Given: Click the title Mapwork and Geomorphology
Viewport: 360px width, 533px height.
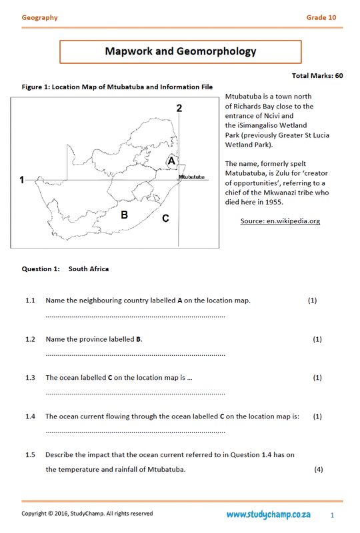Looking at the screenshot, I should coord(180,51).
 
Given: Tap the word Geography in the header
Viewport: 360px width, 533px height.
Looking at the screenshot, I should coord(39,18).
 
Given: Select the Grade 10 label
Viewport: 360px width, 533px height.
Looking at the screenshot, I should coord(321,18).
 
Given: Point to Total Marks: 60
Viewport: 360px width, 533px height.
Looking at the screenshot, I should coord(317,76).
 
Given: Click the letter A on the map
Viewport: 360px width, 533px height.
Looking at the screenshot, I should coord(171,161).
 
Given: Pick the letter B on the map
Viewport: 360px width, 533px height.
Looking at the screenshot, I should coord(124,215).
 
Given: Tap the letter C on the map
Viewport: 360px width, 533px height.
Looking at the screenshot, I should coord(165,218).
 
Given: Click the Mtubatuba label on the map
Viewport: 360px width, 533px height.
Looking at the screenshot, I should coord(191,177).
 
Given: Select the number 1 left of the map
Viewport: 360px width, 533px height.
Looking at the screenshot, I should coord(22,180).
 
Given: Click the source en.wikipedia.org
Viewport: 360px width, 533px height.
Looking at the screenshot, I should coord(280,221).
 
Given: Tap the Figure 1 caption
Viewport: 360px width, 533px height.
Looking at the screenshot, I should coord(117,87).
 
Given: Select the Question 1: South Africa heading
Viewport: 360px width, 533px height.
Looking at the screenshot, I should coord(65,269).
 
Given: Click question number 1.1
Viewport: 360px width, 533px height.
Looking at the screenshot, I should coord(30,300).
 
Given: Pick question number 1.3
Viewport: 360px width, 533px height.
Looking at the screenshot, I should coord(30,378).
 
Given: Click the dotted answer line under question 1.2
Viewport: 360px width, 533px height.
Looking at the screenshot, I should coord(135,354).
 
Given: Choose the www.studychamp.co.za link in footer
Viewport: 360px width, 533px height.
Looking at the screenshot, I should coord(268,514).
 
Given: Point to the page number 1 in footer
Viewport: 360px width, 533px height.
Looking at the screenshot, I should coord(332,515).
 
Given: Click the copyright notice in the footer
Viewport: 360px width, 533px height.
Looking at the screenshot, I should coord(87,514).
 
